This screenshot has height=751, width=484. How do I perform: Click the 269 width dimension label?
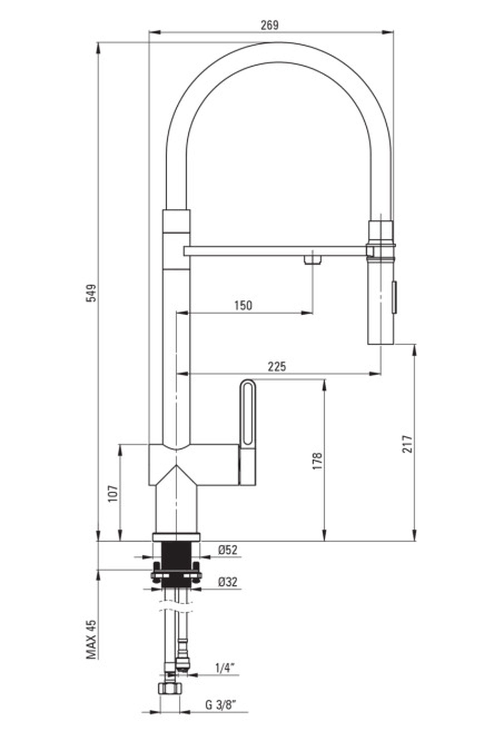(269, 25)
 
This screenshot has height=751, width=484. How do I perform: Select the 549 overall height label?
(91, 293)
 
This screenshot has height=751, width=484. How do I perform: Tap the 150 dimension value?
(243, 305)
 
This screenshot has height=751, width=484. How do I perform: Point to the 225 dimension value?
(277, 366)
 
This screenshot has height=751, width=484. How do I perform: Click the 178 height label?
(318, 461)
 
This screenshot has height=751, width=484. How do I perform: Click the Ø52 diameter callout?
(228, 550)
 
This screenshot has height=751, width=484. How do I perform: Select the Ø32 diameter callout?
(228, 582)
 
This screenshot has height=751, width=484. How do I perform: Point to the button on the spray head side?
(394, 297)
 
